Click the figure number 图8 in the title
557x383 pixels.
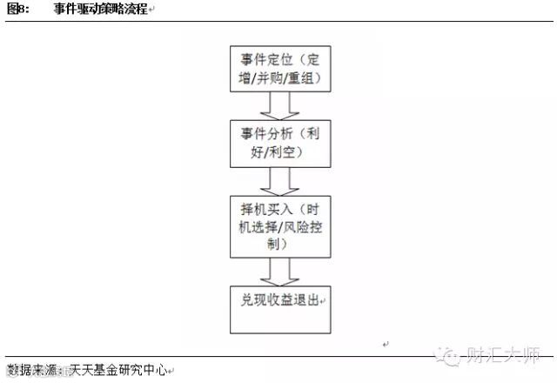[x=17, y=10]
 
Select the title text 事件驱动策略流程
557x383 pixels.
[x=101, y=10]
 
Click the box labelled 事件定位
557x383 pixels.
[x=279, y=68]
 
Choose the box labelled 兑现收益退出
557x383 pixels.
[x=279, y=307]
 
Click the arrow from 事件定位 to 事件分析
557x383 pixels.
[x=279, y=105]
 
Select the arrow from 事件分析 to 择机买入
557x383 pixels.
[x=279, y=181]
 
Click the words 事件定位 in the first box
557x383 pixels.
[x=266, y=60]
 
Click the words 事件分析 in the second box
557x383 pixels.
[x=266, y=135]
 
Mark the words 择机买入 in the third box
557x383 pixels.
[x=266, y=209]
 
